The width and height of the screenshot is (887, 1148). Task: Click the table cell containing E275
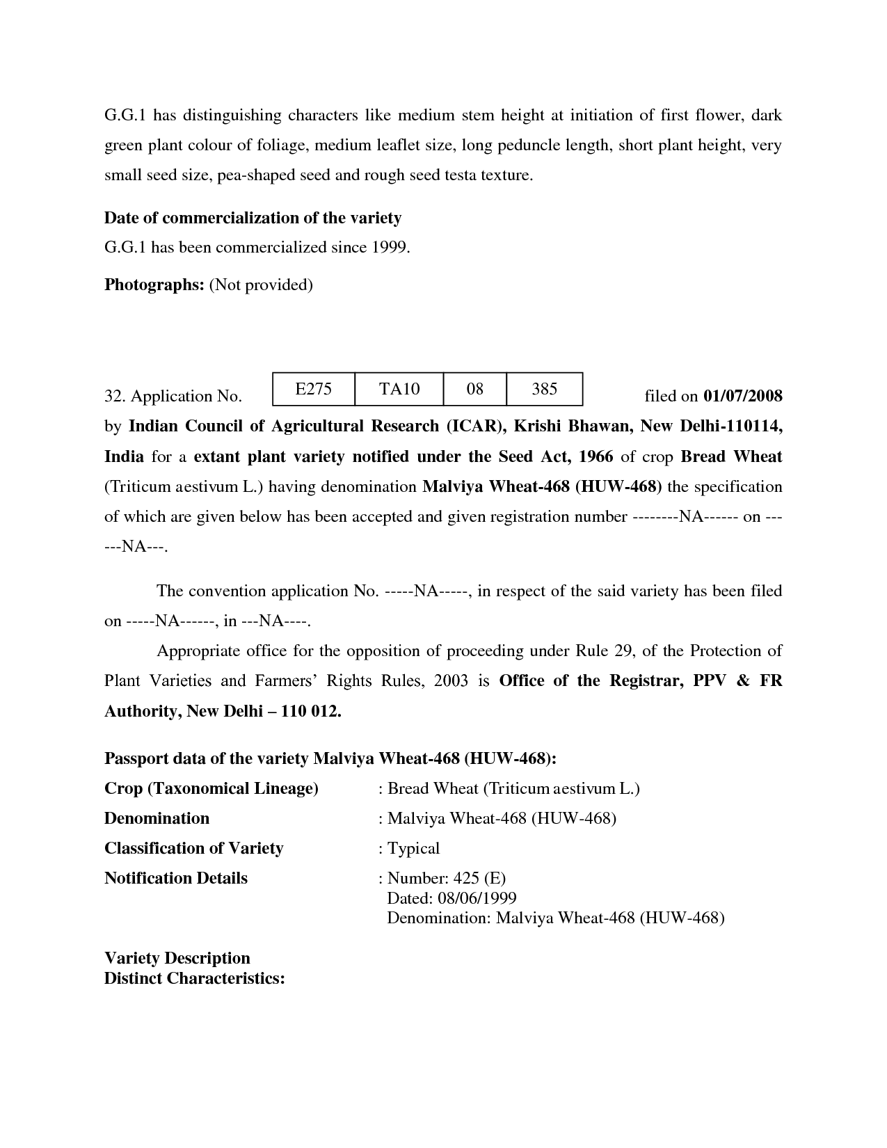[x=313, y=389]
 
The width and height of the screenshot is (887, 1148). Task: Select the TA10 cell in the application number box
[x=399, y=389]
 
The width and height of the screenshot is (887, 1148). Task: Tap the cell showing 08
[x=474, y=389]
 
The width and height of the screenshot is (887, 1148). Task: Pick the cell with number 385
[x=544, y=389]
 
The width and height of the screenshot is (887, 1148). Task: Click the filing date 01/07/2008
[x=743, y=397]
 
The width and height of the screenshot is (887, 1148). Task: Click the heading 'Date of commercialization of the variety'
[x=253, y=218]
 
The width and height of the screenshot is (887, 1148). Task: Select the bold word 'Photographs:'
[x=154, y=285]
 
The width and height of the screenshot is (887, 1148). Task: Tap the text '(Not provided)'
[x=261, y=285]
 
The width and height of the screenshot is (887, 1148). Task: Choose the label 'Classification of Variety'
[x=193, y=849]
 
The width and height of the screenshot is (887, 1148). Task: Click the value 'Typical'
[x=413, y=849]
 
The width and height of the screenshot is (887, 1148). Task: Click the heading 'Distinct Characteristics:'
[x=195, y=979]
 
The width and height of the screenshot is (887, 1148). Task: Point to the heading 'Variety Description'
[x=177, y=959]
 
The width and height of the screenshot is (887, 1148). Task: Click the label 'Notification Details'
[x=175, y=879]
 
